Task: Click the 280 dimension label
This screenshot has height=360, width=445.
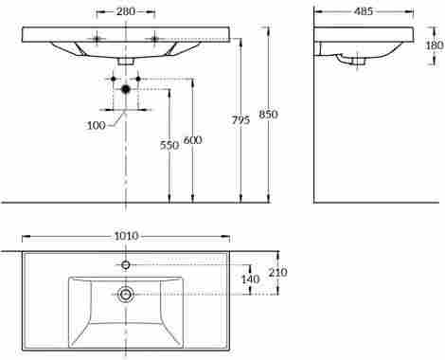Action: tap(126, 12)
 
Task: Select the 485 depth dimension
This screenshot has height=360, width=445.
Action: tap(363, 11)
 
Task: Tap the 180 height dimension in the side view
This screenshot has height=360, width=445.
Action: tap(435, 45)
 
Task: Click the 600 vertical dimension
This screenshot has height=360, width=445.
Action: tap(192, 140)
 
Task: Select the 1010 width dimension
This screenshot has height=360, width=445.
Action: tap(126, 235)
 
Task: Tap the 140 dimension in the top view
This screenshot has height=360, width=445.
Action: tap(249, 279)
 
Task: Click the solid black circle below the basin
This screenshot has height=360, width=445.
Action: tap(126, 89)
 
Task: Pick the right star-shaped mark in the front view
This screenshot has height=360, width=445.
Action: tap(154, 38)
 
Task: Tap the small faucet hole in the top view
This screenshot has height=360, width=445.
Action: tap(126, 264)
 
